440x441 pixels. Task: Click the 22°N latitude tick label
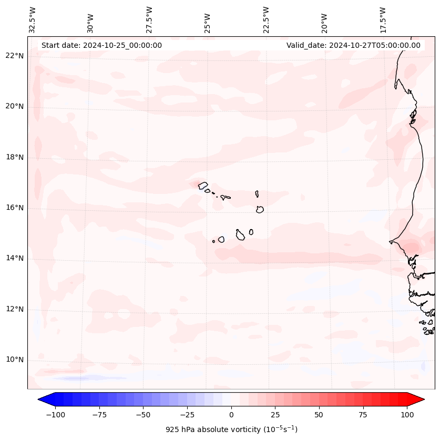[x=14, y=56]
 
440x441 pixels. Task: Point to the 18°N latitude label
[x=14, y=157]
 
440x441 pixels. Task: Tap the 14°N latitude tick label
[x=14, y=258]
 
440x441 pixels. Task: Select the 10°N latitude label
[x=14, y=360]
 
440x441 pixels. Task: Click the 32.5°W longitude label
[x=33, y=19]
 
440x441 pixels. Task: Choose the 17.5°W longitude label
[x=383, y=19]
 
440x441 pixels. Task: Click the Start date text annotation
[x=101, y=45]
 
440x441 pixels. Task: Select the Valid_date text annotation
[x=353, y=45]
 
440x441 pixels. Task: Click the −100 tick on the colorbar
[x=55, y=415]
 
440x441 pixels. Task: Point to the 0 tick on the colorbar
[x=231, y=415]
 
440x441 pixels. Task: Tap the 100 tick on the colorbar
[x=407, y=415]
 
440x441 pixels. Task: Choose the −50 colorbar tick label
[x=143, y=415]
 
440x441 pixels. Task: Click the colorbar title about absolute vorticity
[x=231, y=429]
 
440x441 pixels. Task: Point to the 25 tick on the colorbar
[x=275, y=415]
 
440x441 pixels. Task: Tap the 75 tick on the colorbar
[x=363, y=415]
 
